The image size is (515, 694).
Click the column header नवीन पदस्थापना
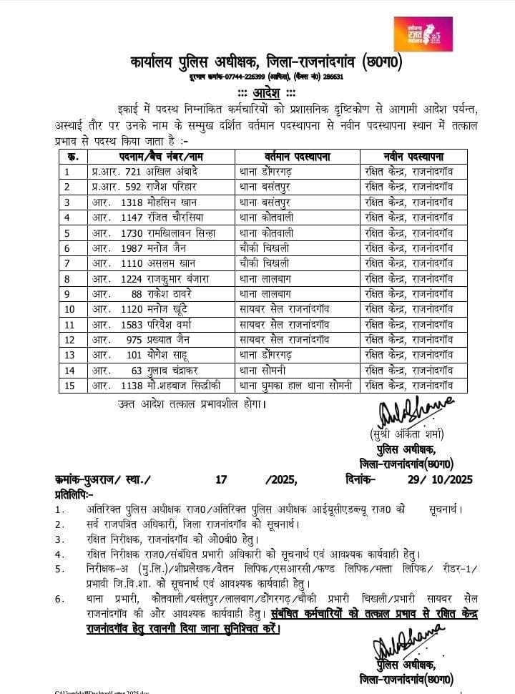pos(413,157)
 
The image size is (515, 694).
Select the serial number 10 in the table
pos(69,309)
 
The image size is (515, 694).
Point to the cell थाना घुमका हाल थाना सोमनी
pos(295,386)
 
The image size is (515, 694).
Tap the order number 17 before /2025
pos(220,477)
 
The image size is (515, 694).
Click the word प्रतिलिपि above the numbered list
pos(72,494)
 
